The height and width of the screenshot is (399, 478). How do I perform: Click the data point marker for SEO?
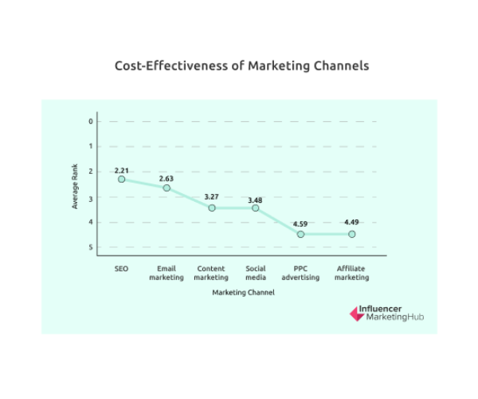[x=121, y=179]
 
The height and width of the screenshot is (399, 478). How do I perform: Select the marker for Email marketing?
[x=167, y=188]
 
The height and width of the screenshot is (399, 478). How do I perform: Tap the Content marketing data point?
[x=211, y=207]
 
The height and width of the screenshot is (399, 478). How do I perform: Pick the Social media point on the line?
[x=256, y=207]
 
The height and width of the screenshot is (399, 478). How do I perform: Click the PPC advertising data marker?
[x=300, y=234]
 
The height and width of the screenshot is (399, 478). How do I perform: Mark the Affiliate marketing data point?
[x=351, y=234]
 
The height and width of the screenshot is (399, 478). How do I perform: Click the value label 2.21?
[x=121, y=171]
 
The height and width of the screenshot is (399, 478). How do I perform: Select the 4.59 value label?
[x=300, y=223]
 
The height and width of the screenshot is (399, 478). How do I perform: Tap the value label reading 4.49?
[x=351, y=223]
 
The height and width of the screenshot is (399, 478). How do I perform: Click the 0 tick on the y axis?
[x=91, y=121]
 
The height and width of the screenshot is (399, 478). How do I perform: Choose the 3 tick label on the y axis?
[x=91, y=197]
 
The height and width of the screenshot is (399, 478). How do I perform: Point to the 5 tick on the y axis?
[x=91, y=247]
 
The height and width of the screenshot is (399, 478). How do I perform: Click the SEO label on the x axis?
[x=121, y=269]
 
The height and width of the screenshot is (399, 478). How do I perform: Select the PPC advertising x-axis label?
[x=300, y=273]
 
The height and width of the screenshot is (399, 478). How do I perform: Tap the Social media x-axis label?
[x=256, y=273]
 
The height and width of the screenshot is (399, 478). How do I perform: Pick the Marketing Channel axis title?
[x=243, y=293]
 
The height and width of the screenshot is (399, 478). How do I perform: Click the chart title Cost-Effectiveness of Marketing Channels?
[x=242, y=65]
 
